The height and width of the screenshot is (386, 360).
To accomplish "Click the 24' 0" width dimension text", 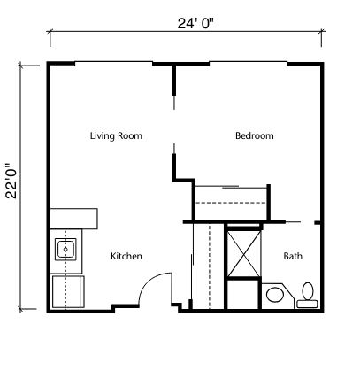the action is (x=195, y=23).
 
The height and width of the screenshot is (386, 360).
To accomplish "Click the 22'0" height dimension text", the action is (x=12, y=181).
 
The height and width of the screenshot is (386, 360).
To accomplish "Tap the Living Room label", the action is (x=116, y=135).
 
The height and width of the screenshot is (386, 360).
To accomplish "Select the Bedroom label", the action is (x=255, y=135).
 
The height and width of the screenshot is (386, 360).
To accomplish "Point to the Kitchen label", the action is (x=126, y=256).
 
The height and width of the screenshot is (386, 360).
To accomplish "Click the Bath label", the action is (x=293, y=256).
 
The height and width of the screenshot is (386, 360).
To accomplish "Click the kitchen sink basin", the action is (x=65, y=250).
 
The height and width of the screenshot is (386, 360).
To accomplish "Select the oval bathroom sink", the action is (x=274, y=295).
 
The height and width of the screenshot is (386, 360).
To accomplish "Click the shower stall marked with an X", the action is (x=244, y=254).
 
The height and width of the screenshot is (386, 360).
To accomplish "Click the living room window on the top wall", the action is (x=113, y=64).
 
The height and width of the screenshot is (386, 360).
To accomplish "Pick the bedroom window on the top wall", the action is (x=248, y=64).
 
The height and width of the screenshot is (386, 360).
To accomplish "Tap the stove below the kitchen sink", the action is (x=68, y=291).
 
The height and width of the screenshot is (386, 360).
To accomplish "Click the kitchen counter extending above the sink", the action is (x=73, y=219).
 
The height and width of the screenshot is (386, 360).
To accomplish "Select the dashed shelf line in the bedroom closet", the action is (x=231, y=203).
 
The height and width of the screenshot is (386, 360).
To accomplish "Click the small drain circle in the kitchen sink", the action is (x=65, y=250).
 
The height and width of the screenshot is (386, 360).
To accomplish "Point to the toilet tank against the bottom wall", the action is (x=308, y=305).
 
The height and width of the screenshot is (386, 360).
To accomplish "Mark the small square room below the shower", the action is (x=243, y=294).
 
